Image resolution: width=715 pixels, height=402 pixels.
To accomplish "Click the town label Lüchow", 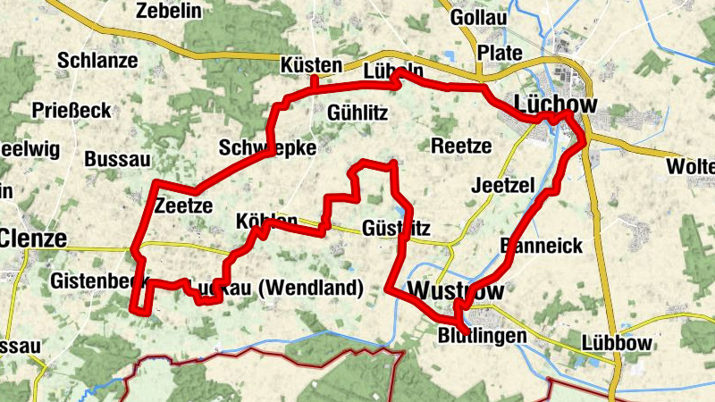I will [x=556, y=104].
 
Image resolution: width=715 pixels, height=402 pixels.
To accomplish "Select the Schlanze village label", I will [x=97, y=61].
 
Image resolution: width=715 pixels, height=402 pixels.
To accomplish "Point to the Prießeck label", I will [x=71, y=111].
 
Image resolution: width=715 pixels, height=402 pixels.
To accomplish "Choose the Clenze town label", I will [x=34, y=239].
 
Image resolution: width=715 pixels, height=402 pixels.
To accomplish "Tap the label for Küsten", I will [x=311, y=66].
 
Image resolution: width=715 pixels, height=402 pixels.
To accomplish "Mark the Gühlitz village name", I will [x=357, y=113].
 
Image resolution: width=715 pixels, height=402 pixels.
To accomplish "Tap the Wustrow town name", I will [x=455, y=291].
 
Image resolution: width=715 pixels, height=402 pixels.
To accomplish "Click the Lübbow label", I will [x=618, y=343].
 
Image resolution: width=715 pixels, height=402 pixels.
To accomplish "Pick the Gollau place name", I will [x=479, y=18].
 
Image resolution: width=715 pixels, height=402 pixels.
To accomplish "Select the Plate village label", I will [x=500, y=53].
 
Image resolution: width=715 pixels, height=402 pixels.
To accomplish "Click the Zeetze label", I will [x=182, y=206].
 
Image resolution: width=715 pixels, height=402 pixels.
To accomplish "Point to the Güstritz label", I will [x=399, y=227].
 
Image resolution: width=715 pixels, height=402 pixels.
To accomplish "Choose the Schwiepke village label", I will [x=267, y=148].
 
